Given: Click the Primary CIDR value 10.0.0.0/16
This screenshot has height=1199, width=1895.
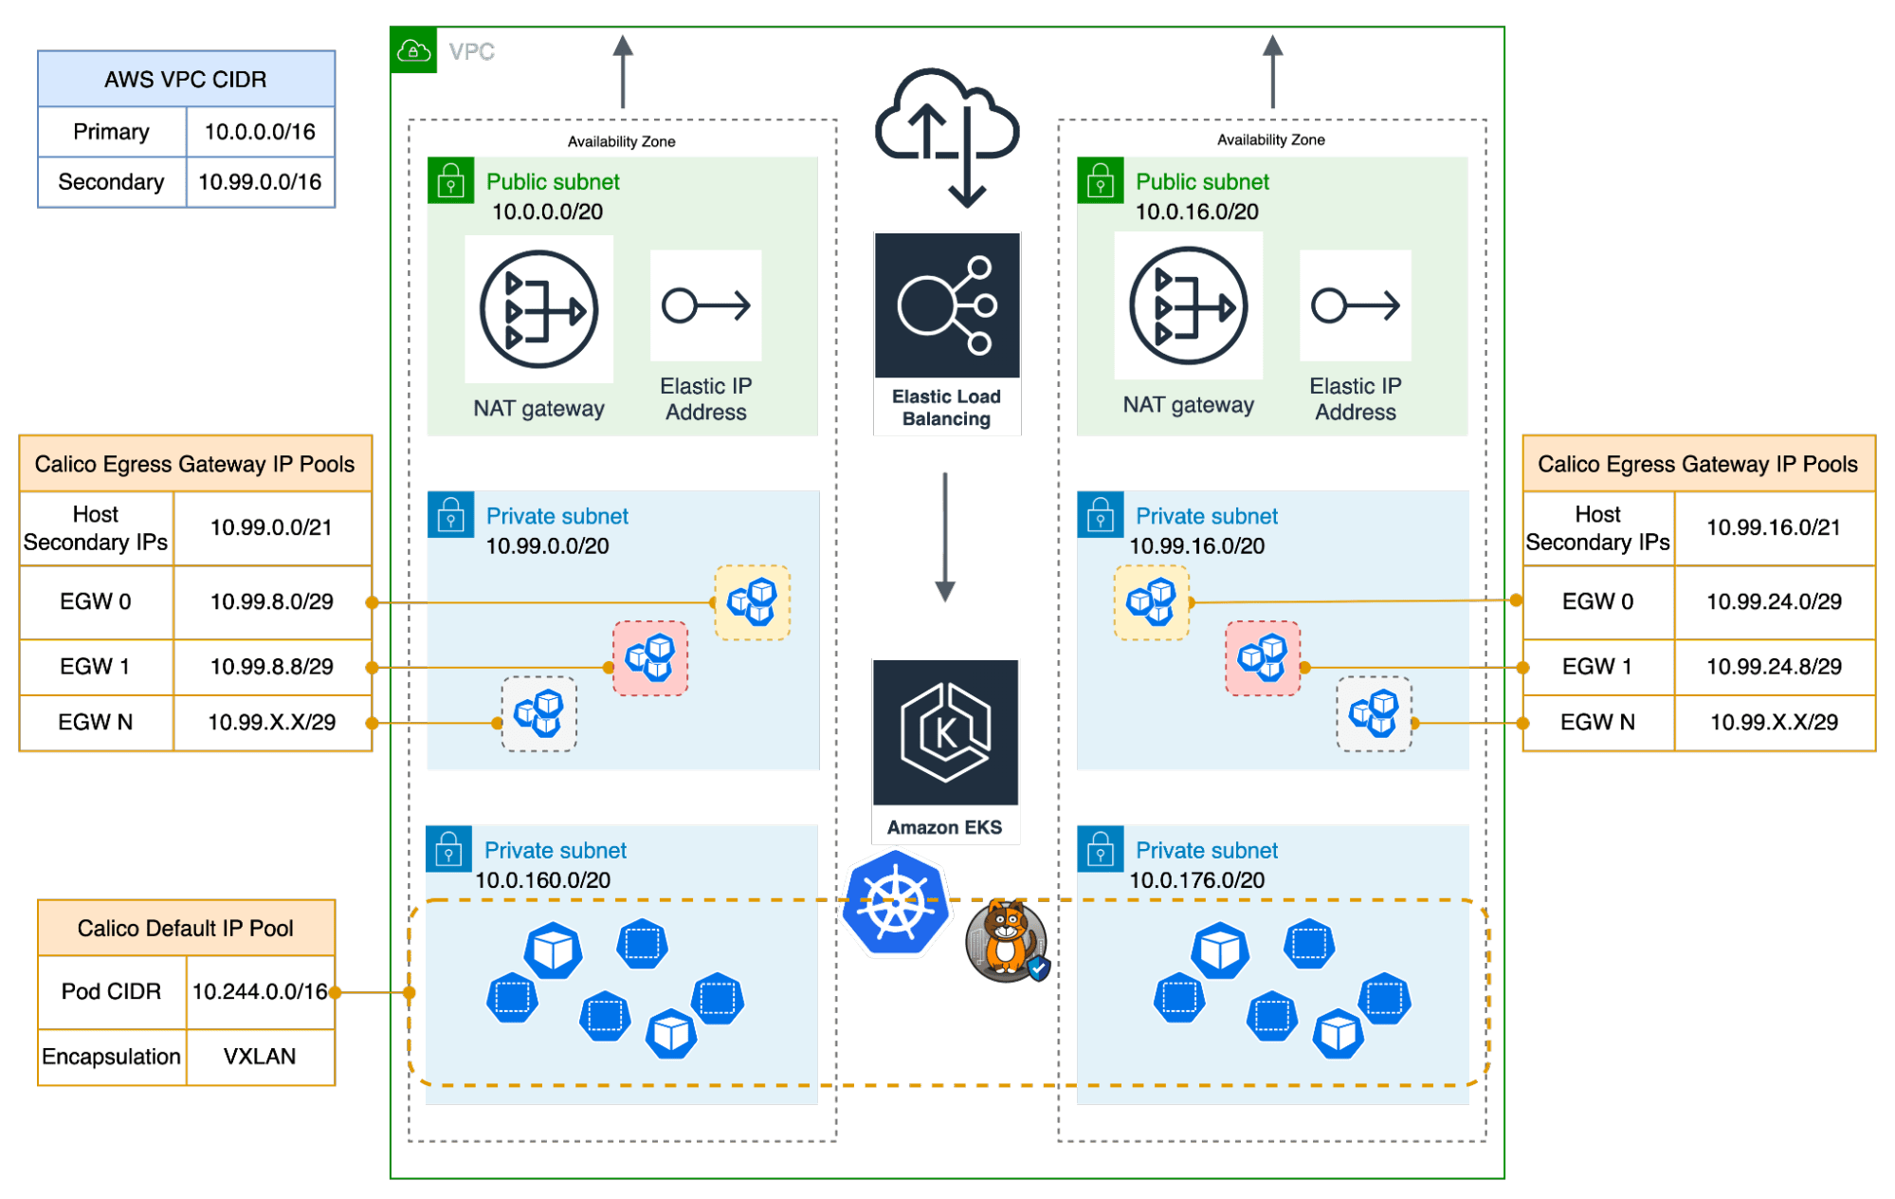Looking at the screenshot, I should coord(260,132).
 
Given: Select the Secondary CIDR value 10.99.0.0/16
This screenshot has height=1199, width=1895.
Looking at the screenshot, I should coord(260,182).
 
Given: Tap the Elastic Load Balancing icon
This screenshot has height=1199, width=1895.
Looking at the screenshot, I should coord(946,305).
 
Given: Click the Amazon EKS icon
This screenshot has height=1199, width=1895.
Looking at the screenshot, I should coord(945,732).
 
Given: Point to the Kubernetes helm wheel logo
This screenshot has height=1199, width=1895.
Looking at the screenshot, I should coord(896,904).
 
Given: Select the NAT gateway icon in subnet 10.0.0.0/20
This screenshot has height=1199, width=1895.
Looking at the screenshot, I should coord(538,309).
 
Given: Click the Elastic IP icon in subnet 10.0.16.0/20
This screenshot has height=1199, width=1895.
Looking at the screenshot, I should coord(1355,305).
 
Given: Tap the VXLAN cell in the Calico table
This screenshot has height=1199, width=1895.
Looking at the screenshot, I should coord(260,1057).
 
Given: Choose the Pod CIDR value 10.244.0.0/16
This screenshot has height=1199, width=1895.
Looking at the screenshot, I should coord(260,991).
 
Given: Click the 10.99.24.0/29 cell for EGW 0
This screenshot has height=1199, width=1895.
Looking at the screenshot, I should coord(1774,601).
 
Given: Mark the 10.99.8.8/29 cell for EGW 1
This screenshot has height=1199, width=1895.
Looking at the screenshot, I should coord(271,667).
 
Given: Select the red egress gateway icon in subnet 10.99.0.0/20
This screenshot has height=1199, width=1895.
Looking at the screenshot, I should coord(650,658).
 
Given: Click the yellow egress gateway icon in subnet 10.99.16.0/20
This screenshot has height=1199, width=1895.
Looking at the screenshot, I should coord(1152,601).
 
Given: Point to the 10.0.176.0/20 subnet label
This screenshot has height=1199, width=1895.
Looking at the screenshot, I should coord(1196,880).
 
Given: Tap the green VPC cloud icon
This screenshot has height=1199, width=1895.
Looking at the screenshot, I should coord(414,51).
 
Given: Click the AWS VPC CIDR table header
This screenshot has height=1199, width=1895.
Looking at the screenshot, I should coord(186,80).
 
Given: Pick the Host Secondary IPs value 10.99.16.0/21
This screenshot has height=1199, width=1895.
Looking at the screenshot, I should coord(1773,527).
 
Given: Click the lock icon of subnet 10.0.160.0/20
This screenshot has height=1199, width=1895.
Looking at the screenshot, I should coord(449,849).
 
